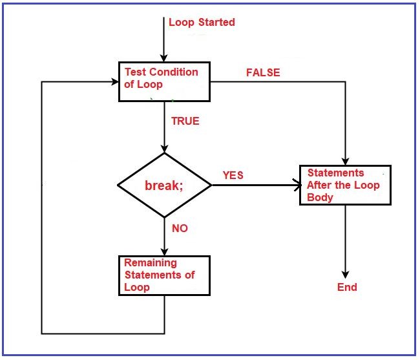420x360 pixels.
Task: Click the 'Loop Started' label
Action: (x=202, y=23)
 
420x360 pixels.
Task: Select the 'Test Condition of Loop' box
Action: (x=165, y=81)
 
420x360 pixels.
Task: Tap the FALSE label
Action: (x=263, y=73)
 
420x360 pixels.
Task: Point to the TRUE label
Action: (x=185, y=121)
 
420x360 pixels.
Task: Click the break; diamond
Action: (x=164, y=185)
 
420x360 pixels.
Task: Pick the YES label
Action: (x=233, y=175)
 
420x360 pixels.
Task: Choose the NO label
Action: (x=180, y=228)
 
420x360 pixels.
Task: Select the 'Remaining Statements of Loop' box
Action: (x=165, y=275)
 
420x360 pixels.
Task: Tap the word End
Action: (x=347, y=287)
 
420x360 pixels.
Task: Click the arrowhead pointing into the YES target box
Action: (x=297, y=185)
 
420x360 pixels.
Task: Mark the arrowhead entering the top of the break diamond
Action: (x=165, y=148)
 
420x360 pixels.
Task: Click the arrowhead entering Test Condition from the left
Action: (x=114, y=82)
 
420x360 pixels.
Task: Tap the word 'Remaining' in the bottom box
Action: (x=150, y=263)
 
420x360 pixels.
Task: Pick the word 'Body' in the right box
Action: (x=320, y=197)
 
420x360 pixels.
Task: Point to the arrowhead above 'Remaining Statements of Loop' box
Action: (x=165, y=251)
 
